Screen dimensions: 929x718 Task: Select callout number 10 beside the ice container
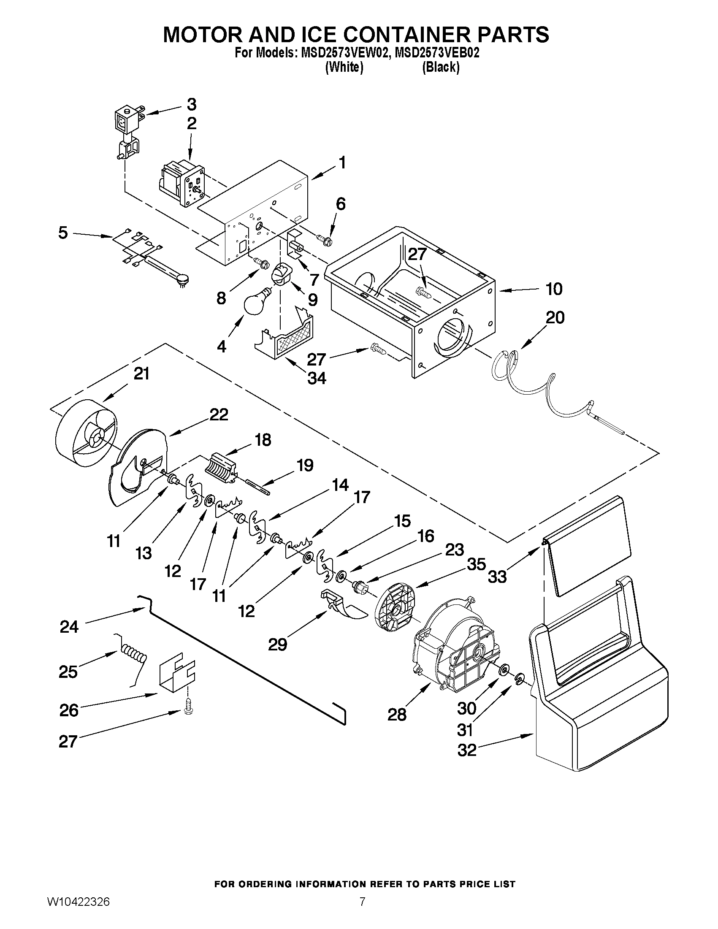point(554,289)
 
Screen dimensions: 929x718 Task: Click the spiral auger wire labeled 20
point(549,387)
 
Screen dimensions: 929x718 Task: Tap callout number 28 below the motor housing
point(397,715)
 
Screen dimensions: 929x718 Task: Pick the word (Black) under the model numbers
point(441,67)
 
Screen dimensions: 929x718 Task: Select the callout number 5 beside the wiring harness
point(63,233)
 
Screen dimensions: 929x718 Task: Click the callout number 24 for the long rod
point(69,627)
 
